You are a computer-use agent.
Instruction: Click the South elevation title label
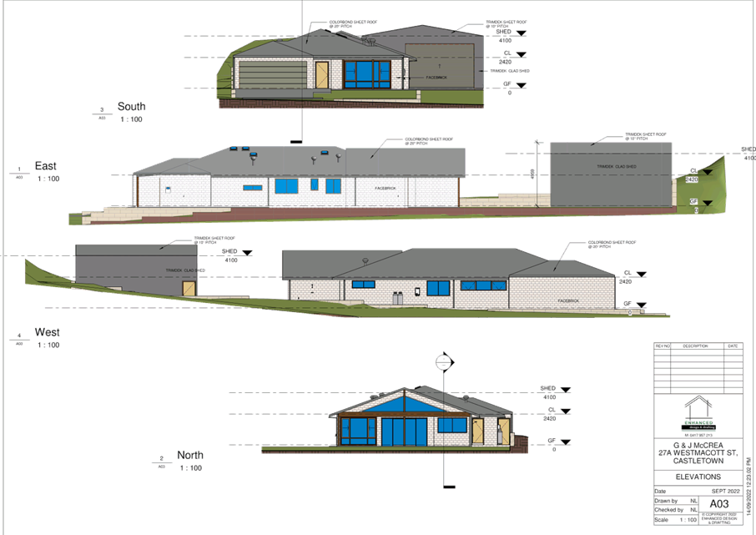click(131, 107)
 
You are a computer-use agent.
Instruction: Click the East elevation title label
click(45, 166)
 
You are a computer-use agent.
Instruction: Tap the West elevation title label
click(47, 333)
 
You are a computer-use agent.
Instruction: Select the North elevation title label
click(189, 455)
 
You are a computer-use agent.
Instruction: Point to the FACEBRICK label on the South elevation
click(437, 77)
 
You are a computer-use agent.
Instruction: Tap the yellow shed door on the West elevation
click(189, 287)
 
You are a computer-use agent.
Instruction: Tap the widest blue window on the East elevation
click(285, 184)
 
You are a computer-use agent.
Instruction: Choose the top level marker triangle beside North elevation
click(568, 389)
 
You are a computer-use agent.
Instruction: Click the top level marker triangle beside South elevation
click(522, 33)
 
